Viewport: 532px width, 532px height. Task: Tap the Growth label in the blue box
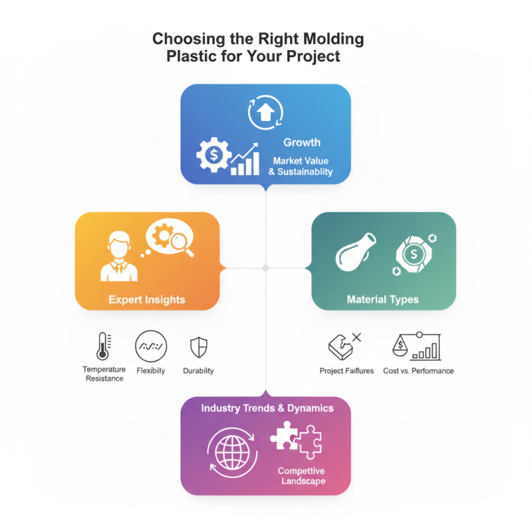pos(302,142)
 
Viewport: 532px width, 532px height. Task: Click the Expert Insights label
pos(147,300)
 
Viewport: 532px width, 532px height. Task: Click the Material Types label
pos(383,300)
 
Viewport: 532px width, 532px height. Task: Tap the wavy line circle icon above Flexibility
pos(151,346)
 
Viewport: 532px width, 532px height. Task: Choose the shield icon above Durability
pos(199,346)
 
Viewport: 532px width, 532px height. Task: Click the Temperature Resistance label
pos(103,374)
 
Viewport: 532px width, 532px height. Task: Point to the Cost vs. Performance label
pos(418,370)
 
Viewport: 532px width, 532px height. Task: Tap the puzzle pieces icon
pos(296,441)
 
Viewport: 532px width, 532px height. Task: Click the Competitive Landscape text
pos(302,475)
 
